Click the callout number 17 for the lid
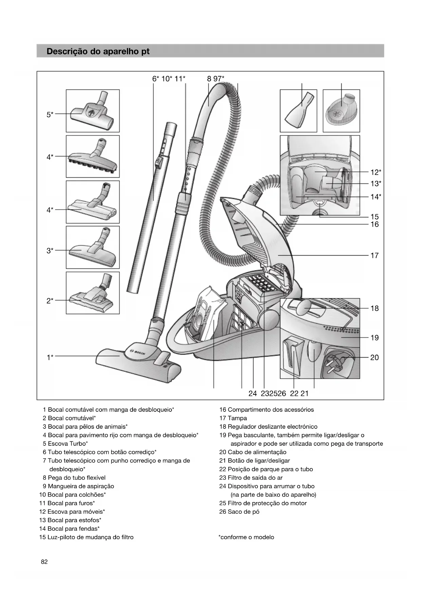pos(374,256)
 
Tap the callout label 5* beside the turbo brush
pos(50,115)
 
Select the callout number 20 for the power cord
pos(374,357)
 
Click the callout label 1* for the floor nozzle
pos(50,357)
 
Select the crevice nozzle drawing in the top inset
pos(298,111)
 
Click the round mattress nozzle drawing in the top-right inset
pos(341,111)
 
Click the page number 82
pos(44,562)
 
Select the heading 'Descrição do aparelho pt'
pos(98,52)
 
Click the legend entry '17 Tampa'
pos(233,418)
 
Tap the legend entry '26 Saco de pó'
pos(239,512)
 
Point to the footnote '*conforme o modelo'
pos(246,537)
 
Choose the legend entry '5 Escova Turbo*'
pos(65,444)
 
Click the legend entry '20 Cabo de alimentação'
pos(253,452)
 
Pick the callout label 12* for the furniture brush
pos(376,172)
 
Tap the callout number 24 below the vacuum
pos(252,393)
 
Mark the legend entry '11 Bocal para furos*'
pos(67,503)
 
